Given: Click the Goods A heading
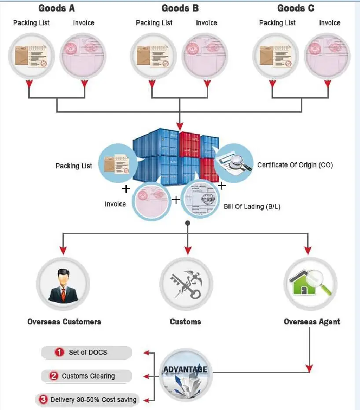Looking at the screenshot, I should [57, 8].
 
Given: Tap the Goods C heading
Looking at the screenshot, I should [296, 8].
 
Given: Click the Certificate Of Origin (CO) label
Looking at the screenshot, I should [295, 165].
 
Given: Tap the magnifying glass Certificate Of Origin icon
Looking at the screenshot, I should [234, 163].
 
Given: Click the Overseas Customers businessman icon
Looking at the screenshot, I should [62, 284].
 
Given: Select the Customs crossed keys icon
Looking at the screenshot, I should [186, 284].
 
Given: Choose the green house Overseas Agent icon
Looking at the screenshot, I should [310, 284].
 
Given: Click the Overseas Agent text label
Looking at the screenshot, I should [312, 322].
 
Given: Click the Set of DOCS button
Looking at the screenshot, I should [87, 352].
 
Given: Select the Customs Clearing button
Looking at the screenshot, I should [87, 376].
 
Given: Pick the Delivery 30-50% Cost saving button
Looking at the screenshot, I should [87, 400].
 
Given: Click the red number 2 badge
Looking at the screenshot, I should [54, 376].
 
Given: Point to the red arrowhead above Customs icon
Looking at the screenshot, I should [187, 251].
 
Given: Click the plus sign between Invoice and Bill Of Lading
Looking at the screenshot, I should [176, 200].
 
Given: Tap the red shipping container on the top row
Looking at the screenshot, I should [190, 143].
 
